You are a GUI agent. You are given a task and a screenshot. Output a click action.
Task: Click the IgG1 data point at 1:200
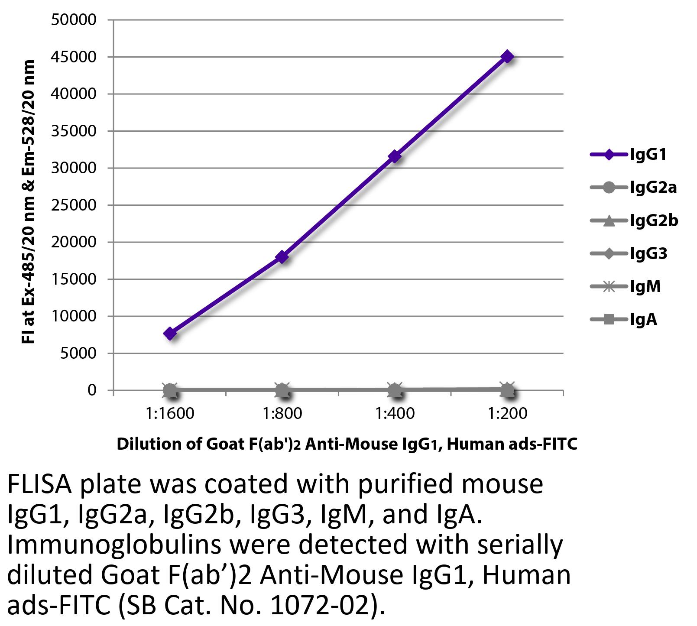pyautogui.click(x=507, y=57)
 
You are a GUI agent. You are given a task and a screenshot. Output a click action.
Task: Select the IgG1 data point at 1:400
pyautogui.click(x=395, y=156)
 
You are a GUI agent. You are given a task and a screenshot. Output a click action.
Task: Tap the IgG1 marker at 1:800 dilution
pyautogui.click(x=282, y=257)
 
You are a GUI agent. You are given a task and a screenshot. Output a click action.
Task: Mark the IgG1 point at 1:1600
pyautogui.click(x=170, y=334)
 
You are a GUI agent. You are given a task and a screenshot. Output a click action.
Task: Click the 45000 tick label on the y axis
pyautogui.click(x=73, y=57)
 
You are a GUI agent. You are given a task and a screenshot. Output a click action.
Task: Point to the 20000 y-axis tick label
pyautogui.click(x=73, y=242)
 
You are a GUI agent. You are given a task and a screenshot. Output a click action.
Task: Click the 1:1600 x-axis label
pyautogui.click(x=170, y=413)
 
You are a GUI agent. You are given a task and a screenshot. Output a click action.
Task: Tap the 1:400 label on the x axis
pyautogui.click(x=395, y=413)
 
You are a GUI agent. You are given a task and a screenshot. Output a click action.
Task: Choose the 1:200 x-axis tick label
pyautogui.click(x=507, y=413)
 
